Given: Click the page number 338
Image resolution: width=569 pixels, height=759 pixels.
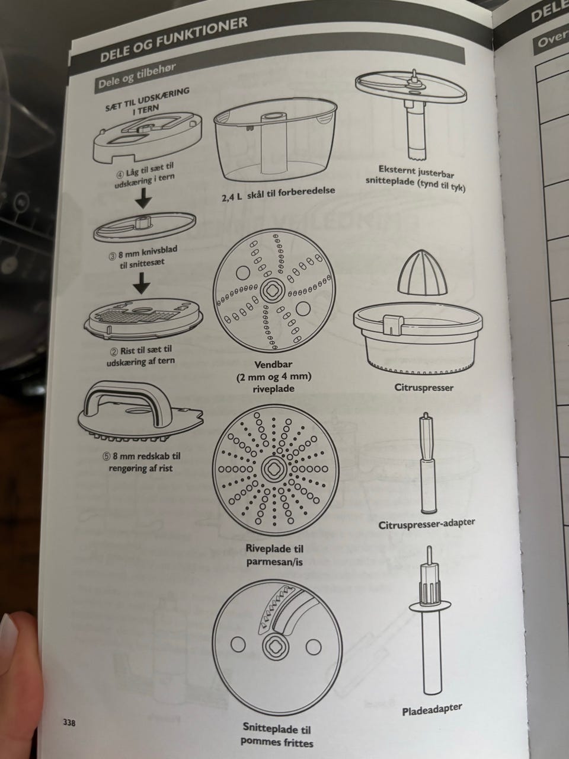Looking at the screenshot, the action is tap(69, 713).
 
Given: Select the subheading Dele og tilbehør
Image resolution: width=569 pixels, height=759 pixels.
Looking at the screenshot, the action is tap(137, 75).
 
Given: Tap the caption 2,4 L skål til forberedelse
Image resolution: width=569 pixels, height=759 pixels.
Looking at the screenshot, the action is tap(279, 194).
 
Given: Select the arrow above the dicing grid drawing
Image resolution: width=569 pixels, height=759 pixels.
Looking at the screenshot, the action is tap(142, 282).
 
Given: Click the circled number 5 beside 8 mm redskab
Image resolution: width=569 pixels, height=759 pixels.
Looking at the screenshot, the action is tap(106, 457).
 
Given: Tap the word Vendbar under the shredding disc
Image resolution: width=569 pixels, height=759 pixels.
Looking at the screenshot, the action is tap(274, 364).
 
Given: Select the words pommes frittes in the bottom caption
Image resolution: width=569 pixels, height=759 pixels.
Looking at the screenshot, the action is tap(277, 741).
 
